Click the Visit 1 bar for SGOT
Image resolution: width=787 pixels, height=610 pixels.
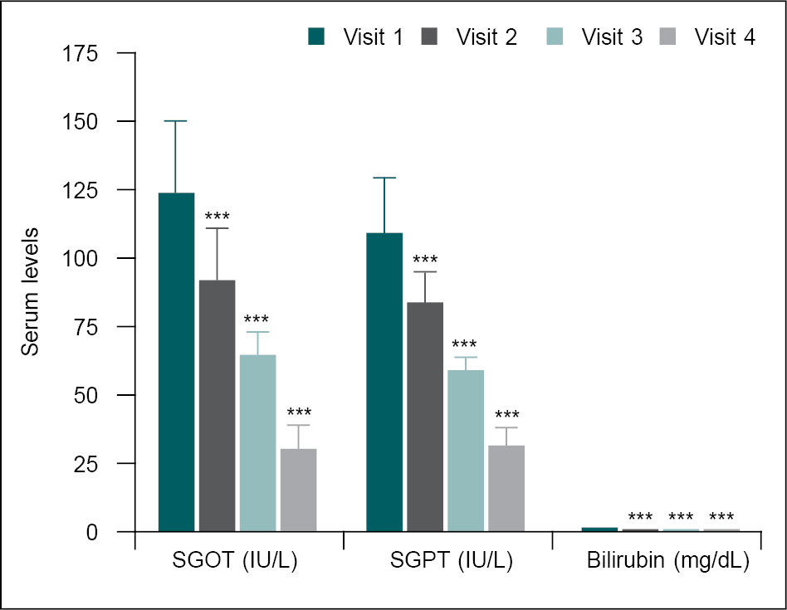[176, 362]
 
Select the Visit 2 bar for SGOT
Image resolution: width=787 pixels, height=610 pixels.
[217, 406]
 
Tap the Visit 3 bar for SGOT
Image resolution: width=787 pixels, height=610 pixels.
[257, 442]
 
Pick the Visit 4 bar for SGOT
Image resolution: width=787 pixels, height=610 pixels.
[298, 490]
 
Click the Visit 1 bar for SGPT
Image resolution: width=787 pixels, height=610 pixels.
[384, 382]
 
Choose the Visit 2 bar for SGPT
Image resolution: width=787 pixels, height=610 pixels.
[425, 417]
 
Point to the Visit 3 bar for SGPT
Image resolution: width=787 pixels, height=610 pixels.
[466, 451]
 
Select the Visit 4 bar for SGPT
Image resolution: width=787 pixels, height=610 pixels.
[506, 488]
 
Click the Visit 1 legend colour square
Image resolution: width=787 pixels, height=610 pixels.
[316, 37]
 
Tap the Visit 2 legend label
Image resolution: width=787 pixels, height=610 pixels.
[486, 37]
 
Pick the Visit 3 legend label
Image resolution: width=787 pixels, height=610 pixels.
[612, 37]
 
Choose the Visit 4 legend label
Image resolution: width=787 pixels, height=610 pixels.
[725, 37]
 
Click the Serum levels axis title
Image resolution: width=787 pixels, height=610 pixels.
[31, 292]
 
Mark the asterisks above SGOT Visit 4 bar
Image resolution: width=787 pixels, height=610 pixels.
[298, 412]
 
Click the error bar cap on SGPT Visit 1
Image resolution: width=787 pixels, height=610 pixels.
[384, 178]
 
